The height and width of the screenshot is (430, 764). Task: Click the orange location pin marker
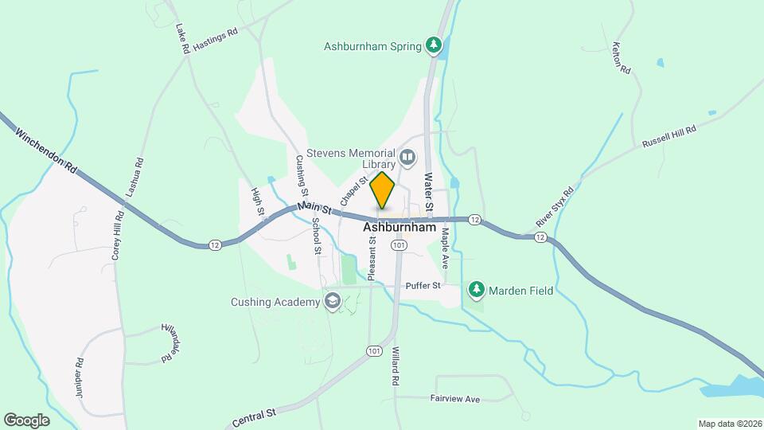click(x=383, y=190)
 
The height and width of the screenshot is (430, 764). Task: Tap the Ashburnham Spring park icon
click(x=434, y=45)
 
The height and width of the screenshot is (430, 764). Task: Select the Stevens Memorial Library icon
click(x=408, y=158)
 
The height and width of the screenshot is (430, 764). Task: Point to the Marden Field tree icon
click(x=477, y=290)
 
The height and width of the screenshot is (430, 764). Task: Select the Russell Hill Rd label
click(x=668, y=136)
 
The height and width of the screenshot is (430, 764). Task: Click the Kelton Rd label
click(x=622, y=59)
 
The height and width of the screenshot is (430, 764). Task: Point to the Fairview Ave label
click(x=455, y=398)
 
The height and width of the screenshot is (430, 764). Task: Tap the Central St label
click(x=255, y=416)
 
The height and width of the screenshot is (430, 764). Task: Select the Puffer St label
click(x=423, y=285)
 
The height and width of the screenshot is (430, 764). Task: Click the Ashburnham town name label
click(x=400, y=228)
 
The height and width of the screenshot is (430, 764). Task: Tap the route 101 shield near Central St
click(x=374, y=350)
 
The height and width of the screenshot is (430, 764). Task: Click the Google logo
click(x=26, y=420)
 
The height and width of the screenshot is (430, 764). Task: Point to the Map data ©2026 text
click(x=729, y=424)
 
